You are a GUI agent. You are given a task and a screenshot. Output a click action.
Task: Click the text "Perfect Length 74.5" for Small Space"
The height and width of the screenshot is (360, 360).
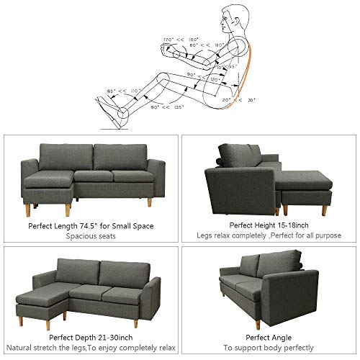[91, 225]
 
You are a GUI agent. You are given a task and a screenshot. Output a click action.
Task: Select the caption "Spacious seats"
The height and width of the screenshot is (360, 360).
[91, 235]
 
